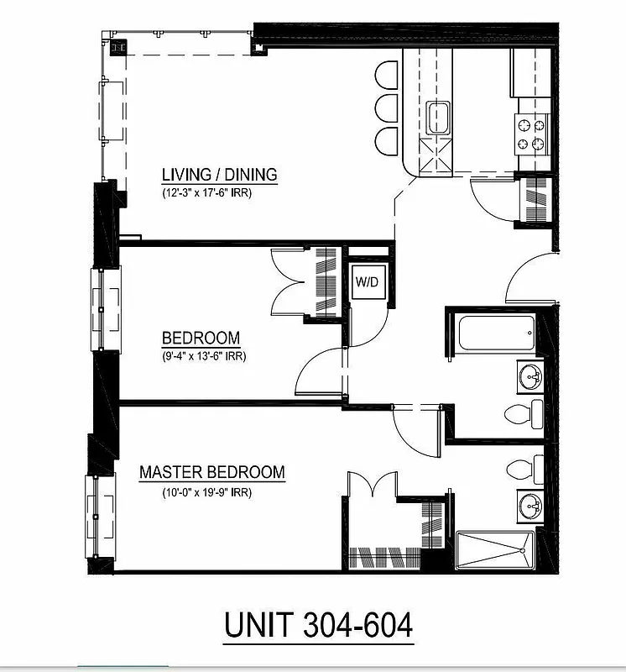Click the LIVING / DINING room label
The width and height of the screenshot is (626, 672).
point(219,175)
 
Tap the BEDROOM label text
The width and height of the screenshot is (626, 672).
point(201,339)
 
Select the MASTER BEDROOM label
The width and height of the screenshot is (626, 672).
point(211,472)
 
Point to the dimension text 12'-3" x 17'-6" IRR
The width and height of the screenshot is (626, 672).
point(207,192)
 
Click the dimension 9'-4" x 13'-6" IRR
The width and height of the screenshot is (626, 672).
point(204,355)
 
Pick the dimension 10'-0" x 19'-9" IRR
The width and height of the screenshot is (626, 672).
point(207,492)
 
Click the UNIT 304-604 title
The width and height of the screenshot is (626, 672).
point(318,625)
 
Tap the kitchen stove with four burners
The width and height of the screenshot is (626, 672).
point(532,134)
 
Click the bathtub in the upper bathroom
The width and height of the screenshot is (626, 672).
point(495,333)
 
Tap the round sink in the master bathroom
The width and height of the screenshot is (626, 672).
point(529,507)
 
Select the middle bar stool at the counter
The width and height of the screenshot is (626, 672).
point(387,108)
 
